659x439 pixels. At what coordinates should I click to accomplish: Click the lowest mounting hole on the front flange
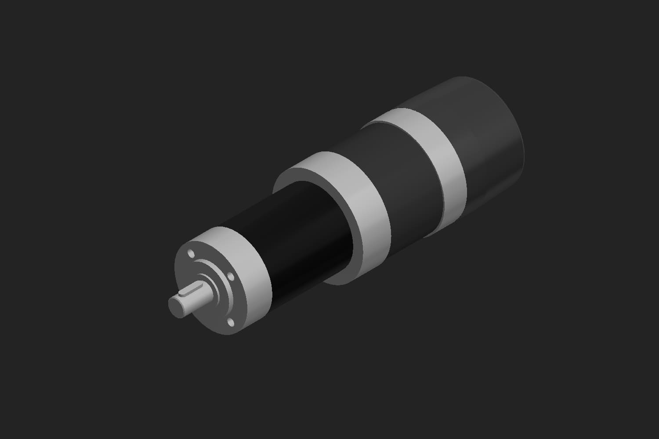pos(229,324)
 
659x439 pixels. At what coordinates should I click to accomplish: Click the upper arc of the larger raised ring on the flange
pos(206,263)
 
